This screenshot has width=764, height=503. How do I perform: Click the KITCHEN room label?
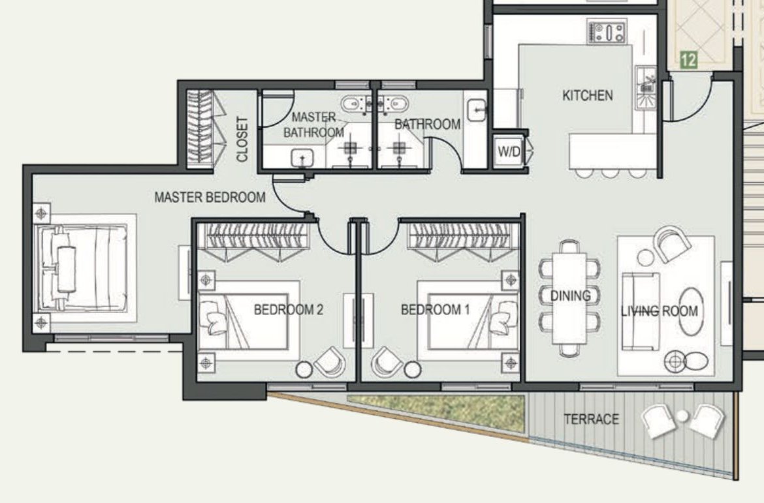[x=588, y=95]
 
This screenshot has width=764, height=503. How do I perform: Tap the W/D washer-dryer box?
[x=509, y=151]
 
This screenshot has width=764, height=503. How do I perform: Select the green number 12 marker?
[x=688, y=61]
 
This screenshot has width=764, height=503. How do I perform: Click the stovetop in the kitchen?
[x=607, y=32]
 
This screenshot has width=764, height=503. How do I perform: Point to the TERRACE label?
[x=592, y=419]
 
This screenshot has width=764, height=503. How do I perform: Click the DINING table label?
[x=571, y=296]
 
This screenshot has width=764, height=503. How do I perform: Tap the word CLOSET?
[x=242, y=139]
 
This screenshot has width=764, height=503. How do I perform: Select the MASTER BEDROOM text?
[x=210, y=197]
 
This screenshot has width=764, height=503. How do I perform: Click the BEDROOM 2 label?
[x=289, y=310]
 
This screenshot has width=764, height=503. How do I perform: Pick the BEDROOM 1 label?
[x=435, y=310]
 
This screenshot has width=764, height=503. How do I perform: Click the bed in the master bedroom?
[x=84, y=268]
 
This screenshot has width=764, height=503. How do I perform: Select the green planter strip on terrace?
[x=436, y=412]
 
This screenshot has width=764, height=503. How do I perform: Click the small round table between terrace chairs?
[x=683, y=416]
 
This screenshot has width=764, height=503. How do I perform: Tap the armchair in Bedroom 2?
[x=329, y=362]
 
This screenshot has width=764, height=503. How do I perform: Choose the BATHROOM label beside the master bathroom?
[x=427, y=125]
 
